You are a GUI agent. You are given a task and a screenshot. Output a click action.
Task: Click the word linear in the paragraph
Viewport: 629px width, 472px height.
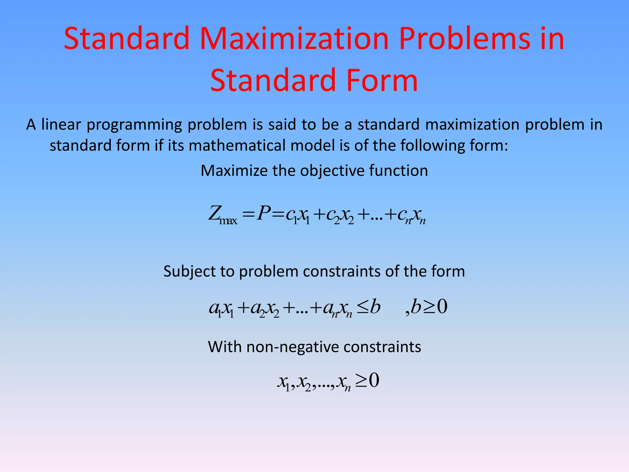click(61, 125)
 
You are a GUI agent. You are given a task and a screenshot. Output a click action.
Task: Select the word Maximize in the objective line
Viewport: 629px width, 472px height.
click(234, 171)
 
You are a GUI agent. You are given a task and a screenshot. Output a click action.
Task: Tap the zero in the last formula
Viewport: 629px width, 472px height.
click(374, 380)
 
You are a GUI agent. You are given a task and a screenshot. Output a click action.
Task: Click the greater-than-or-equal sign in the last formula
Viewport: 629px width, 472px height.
click(361, 381)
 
